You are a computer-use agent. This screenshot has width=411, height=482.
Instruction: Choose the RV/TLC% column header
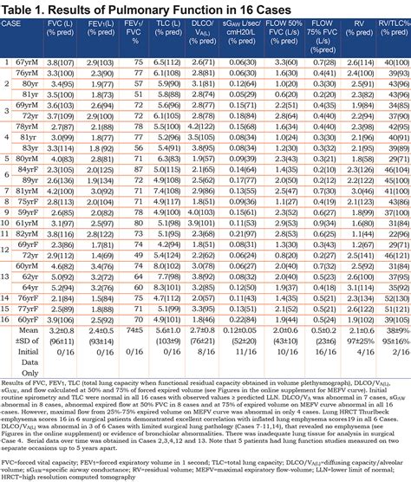tap(394, 36)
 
